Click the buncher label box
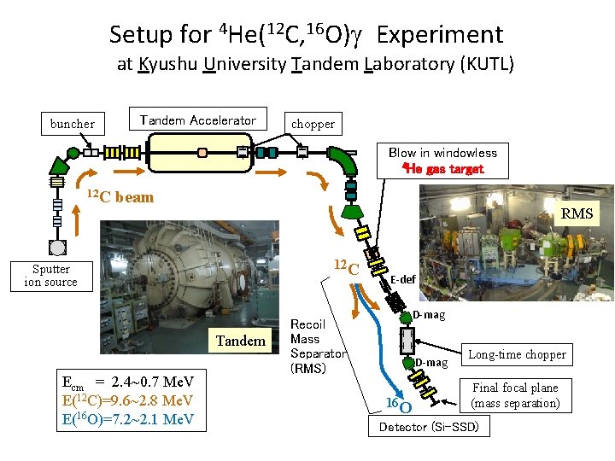click(73, 124)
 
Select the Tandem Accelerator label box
click(197, 120)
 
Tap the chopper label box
click(313, 124)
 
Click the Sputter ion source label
click(50, 276)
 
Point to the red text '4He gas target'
click(442, 169)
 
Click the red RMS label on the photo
click(577, 213)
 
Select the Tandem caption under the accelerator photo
click(240, 341)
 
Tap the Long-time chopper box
click(517, 354)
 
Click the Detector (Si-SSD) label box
click(429, 426)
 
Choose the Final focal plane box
click(515, 395)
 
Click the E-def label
click(403, 278)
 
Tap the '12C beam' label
click(121, 197)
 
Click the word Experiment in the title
click(440, 35)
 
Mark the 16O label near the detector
click(398, 402)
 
